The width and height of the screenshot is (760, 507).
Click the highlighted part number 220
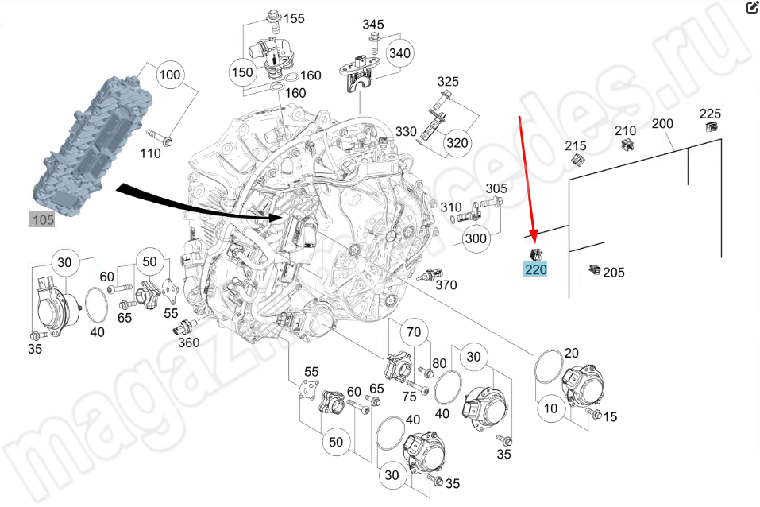click(x=535, y=269)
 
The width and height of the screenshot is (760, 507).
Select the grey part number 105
click(x=42, y=219)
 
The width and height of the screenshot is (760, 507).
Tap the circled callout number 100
click(x=170, y=76)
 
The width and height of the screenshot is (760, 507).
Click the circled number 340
click(x=400, y=53)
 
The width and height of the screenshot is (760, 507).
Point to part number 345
click(x=373, y=25)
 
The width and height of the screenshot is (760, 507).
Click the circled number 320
click(x=457, y=143)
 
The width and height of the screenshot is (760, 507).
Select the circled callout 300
click(x=476, y=238)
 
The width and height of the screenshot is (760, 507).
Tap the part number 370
click(x=446, y=285)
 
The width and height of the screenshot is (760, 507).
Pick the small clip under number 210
click(x=626, y=145)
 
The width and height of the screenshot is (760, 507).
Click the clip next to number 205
click(x=593, y=271)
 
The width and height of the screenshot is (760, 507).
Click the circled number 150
click(x=241, y=72)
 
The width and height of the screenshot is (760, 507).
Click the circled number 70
click(x=413, y=331)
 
